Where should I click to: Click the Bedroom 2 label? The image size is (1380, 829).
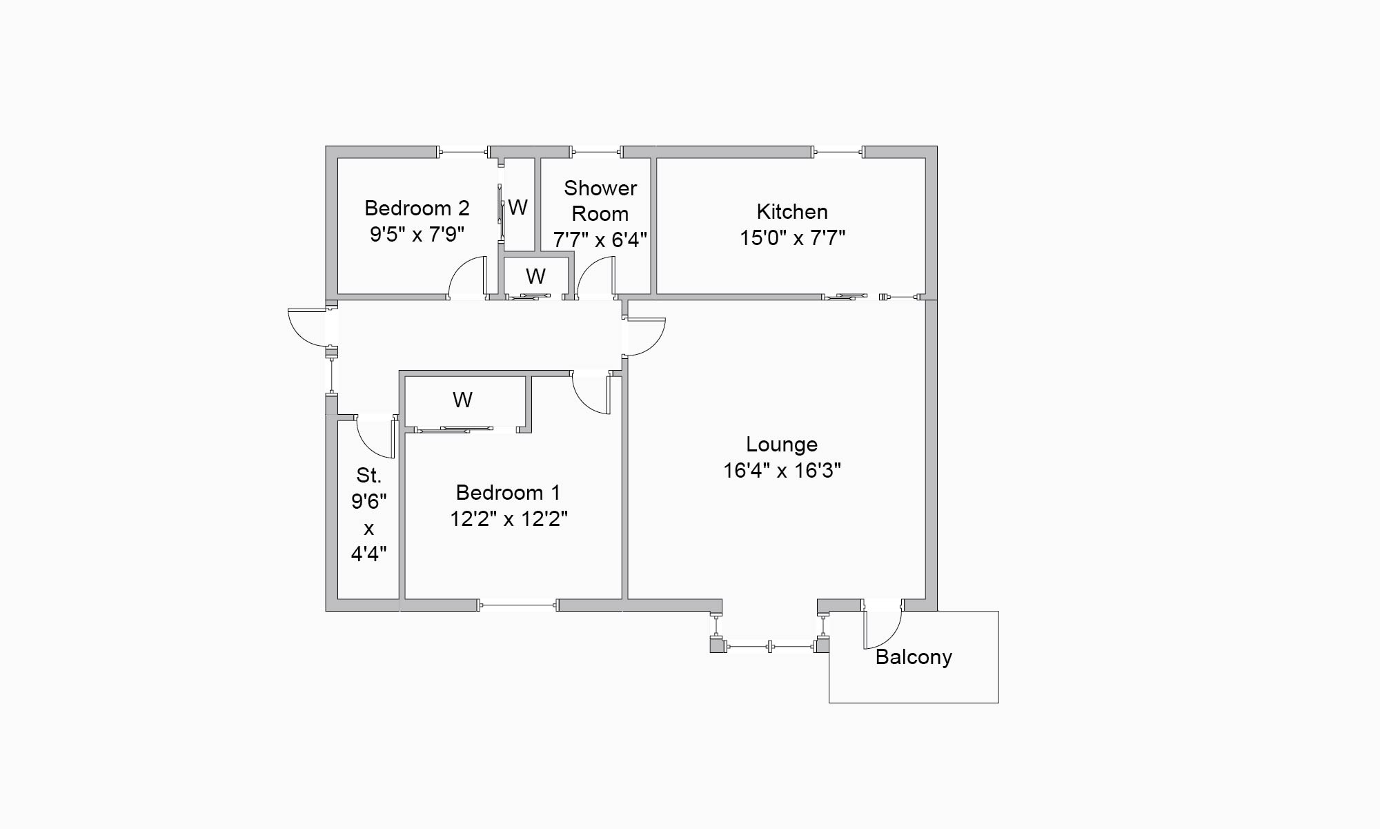[x=417, y=208]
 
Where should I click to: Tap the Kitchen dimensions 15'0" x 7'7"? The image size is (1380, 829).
[x=792, y=238]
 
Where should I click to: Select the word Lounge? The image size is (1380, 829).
[x=782, y=445]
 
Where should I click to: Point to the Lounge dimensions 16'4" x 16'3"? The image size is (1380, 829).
[x=782, y=471]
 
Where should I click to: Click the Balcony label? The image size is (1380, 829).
[x=914, y=657]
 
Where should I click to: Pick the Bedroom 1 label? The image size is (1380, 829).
[x=508, y=493]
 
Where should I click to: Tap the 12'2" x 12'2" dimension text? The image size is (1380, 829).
[x=509, y=519]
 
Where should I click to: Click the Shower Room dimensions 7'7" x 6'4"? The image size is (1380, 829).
[x=600, y=240]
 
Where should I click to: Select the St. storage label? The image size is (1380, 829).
[x=368, y=475]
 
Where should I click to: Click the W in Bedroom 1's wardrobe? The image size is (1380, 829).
[x=462, y=400]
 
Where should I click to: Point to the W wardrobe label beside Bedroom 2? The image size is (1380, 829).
[x=518, y=207]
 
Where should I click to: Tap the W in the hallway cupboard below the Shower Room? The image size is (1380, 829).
[x=535, y=276]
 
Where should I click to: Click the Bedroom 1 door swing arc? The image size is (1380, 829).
[x=591, y=397]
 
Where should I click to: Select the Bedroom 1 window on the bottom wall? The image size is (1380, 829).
[x=517, y=605]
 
